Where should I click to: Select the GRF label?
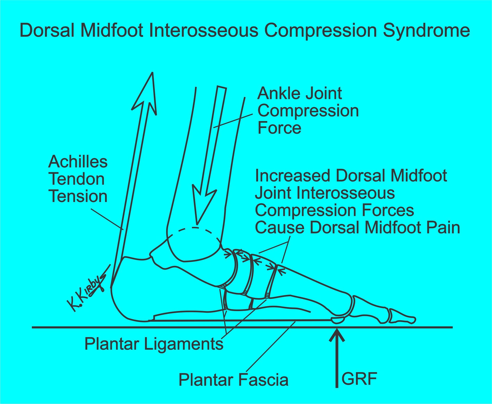(x=359, y=379)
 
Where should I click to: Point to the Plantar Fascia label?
(x=233, y=380)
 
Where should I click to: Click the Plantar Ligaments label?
(x=154, y=344)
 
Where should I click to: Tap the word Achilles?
(x=78, y=162)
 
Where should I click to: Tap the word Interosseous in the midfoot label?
(x=346, y=193)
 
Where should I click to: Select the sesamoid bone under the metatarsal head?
(x=338, y=321)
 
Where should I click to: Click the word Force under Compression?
(x=279, y=128)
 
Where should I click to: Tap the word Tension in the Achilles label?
(x=78, y=197)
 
